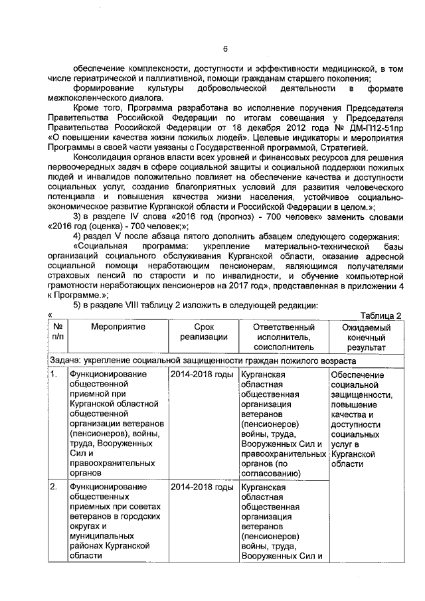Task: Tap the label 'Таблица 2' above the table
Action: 381,315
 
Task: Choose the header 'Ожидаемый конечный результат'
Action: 364,337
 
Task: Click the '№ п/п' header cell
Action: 58,332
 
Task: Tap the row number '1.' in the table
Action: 55,375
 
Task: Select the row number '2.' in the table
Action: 55,488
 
